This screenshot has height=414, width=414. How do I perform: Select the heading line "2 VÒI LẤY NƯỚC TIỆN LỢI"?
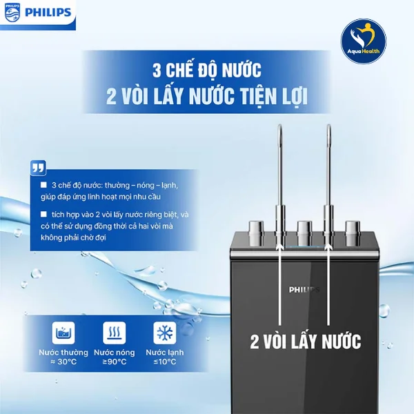point(206,97)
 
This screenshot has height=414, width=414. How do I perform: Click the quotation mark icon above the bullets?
point(39,168)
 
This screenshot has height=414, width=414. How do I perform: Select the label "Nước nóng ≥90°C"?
point(115,357)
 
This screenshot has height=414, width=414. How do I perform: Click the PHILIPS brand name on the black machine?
point(305,289)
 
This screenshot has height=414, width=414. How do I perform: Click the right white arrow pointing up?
point(328,276)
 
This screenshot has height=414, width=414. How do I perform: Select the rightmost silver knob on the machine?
point(351,228)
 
